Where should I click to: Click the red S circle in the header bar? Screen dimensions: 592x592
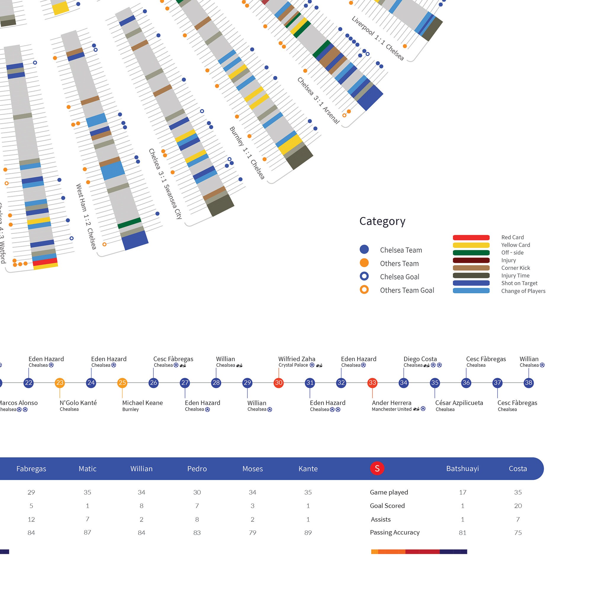tap(377, 469)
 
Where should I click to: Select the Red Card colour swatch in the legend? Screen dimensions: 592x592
tap(471, 237)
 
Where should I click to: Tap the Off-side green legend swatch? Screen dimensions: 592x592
tap(471, 253)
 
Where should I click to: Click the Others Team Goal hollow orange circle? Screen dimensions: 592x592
tap(364, 289)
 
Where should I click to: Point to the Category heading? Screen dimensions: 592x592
tap(382, 221)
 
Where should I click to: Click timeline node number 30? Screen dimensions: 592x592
tap(279, 383)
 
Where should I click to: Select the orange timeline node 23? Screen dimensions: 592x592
tap(60, 383)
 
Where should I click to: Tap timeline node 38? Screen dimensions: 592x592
tap(529, 383)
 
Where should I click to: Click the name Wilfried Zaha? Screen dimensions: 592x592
tap(297, 359)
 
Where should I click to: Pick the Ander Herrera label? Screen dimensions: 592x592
tap(392, 403)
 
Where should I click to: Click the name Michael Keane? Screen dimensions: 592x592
tap(142, 403)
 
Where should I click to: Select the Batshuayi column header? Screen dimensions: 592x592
tap(462, 469)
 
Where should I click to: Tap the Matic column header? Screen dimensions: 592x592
tap(87, 469)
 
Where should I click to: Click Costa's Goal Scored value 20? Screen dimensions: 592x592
tap(518, 506)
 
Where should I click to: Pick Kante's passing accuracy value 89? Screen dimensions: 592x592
tap(308, 533)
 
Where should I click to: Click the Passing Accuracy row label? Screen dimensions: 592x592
tap(395, 533)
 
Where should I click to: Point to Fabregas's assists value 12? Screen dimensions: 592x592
tap(31, 519)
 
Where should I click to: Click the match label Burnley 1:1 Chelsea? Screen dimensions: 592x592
tap(247, 153)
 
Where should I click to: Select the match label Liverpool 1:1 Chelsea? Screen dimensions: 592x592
tap(377, 38)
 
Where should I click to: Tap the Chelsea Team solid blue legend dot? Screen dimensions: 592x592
tap(364, 250)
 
